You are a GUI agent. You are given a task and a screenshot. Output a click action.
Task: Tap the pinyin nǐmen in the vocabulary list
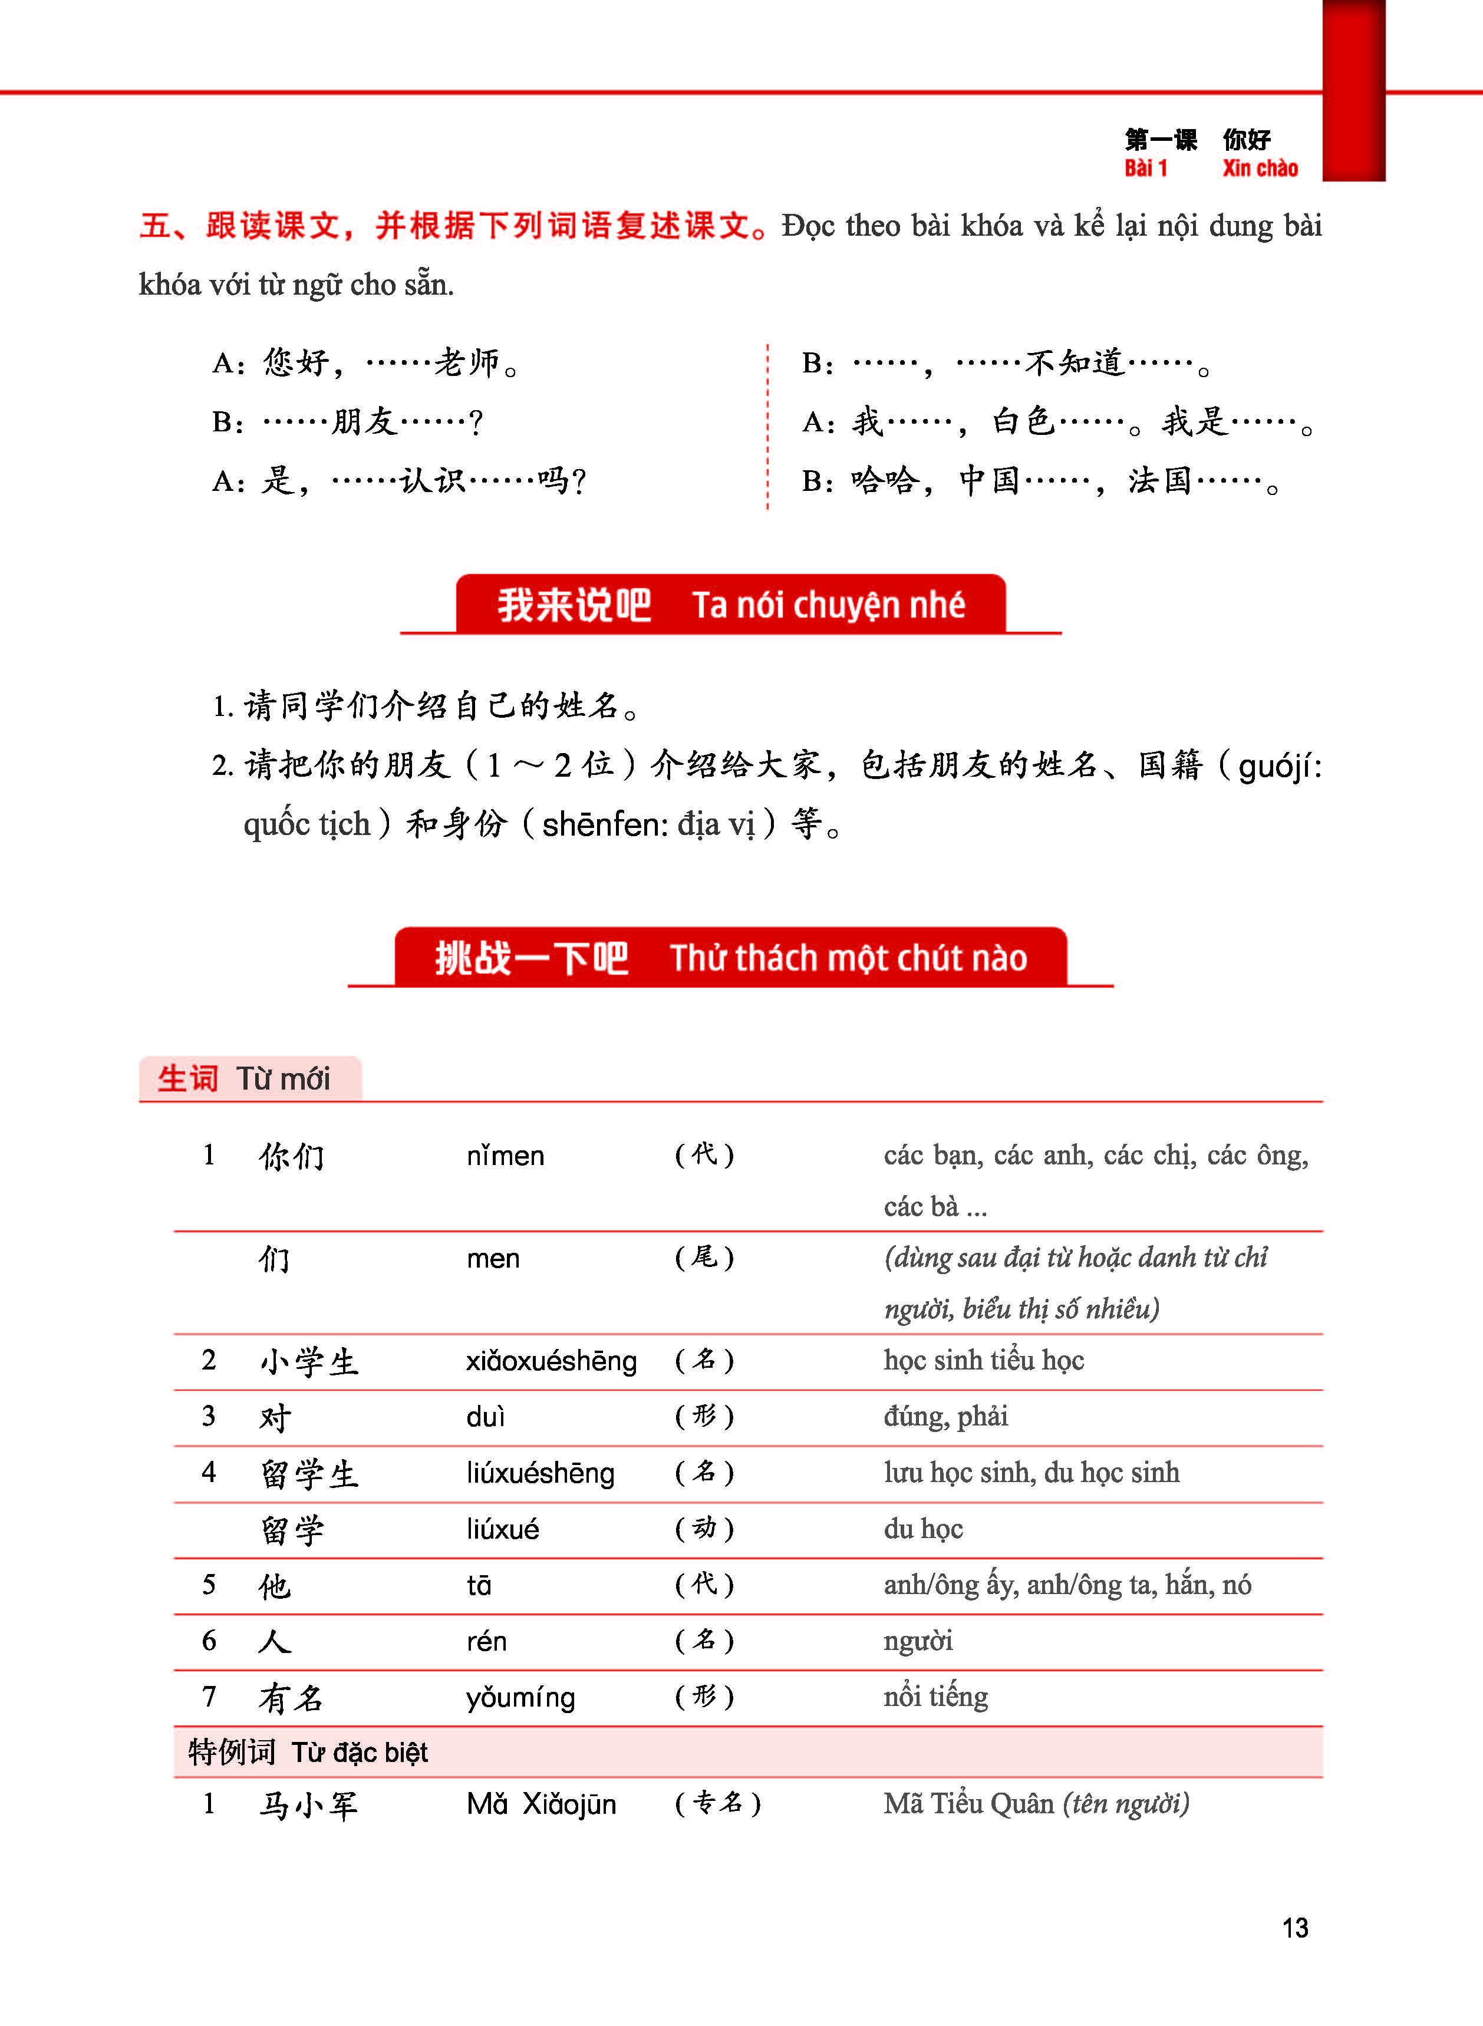505,1156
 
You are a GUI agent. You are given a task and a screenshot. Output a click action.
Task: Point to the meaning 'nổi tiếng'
935,1697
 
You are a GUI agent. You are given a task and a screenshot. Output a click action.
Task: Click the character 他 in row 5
275,1585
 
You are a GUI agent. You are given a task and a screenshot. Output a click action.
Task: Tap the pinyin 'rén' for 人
486,1641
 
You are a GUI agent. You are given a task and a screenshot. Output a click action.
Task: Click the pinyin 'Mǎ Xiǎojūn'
541,1804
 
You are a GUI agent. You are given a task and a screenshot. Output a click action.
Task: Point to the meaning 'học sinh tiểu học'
984,1360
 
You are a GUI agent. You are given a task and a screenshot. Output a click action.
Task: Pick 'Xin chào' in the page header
1260,169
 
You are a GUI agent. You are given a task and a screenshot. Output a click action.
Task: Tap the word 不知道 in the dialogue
1075,362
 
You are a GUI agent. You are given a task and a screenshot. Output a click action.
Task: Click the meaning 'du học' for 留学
923,1529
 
